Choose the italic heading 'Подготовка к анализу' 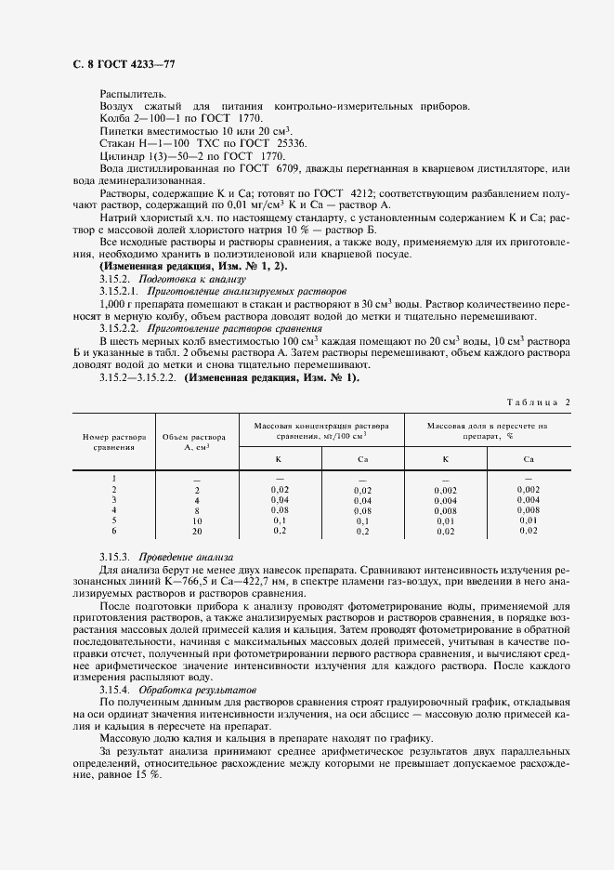(x=191, y=278)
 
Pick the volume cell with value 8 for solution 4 (x=197, y=510)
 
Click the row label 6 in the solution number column (x=114, y=531)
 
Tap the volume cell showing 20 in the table (x=197, y=531)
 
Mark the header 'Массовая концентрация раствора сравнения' (x=322, y=430)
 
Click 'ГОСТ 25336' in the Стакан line (x=278, y=143)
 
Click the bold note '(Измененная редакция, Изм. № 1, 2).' (x=192, y=266)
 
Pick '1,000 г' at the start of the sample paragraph (x=119, y=303)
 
